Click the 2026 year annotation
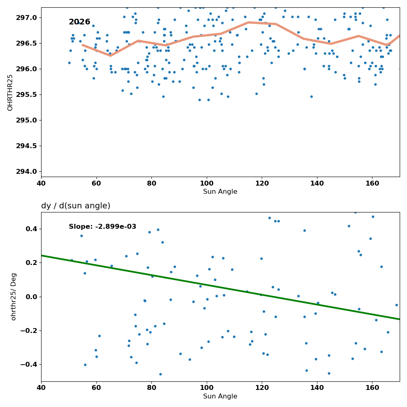pos(79,22)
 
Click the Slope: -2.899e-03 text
pos(103,227)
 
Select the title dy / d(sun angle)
pos(76,206)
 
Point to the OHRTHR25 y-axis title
pos(10,93)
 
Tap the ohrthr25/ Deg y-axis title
pos(13,297)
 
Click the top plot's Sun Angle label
pos(220,192)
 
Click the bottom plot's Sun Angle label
pos(220,396)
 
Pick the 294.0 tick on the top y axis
pos(27,172)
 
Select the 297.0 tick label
pos(27,18)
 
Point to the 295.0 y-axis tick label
pos(27,120)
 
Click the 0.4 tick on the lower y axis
pos(32,229)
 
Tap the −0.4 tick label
pos(29,365)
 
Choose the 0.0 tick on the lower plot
pos(32,297)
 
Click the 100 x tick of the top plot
pos(207,184)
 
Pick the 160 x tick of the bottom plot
pos(372,388)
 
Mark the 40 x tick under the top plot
pos(41,184)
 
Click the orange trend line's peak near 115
pos(248,22)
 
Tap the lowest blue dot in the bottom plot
pos(160,374)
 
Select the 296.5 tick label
pos(27,43)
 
